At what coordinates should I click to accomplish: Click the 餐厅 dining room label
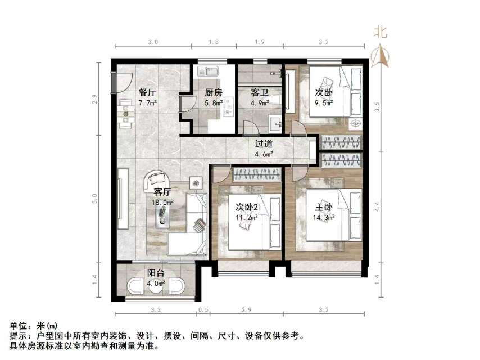(148, 93)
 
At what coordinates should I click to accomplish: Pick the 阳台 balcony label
(156, 273)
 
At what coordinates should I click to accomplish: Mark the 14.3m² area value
(324, 216)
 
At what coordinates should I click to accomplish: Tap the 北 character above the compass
(381, 33)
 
